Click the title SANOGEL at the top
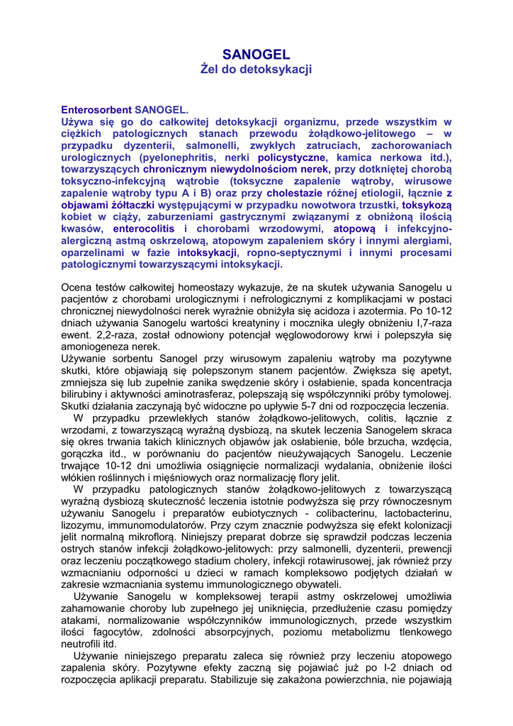[256, 55]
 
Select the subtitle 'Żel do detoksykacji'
[256, 69]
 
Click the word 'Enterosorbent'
[96, 110]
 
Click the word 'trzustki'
[377, 205]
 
